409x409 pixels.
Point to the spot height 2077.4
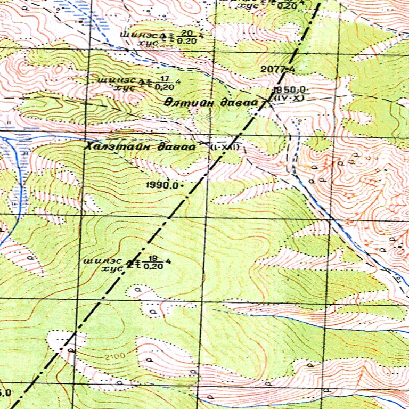277,69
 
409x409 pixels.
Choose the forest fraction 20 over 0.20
186,36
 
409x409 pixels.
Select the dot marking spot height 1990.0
183,185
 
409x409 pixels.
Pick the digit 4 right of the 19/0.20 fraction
169,261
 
